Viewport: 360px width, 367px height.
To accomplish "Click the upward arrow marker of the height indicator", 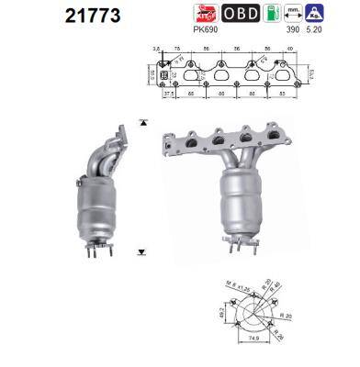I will click(142, 121).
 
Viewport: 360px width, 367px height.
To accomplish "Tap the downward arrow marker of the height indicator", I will click(142, 250).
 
